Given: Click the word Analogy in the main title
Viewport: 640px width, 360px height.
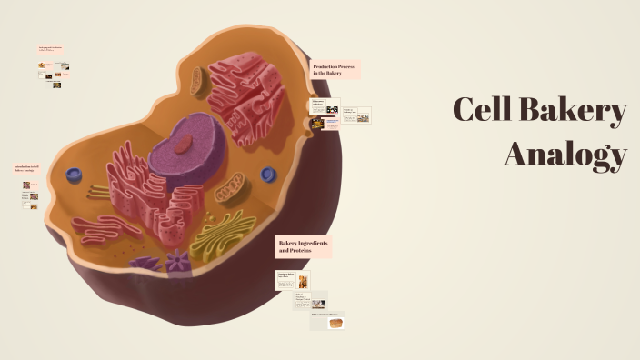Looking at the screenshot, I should pos(565,154).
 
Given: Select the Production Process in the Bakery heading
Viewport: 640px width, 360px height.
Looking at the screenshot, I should pos(335,70).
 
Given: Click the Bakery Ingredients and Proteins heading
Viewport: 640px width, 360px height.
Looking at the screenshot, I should pos(303,246).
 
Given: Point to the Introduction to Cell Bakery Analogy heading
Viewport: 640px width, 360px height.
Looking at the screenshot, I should pos(25,169).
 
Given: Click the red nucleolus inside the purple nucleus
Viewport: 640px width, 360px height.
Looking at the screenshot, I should pos(185,143).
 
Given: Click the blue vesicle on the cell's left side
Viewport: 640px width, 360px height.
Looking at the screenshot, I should pos(74,175).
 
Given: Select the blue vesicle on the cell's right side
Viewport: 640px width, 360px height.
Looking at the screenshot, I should pos(268,174).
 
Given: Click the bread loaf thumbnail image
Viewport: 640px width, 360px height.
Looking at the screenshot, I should pos(335,322).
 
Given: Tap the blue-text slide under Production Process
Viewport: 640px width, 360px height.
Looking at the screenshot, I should pos(355,115).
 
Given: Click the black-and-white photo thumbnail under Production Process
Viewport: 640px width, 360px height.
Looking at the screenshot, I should pos(333,110).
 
